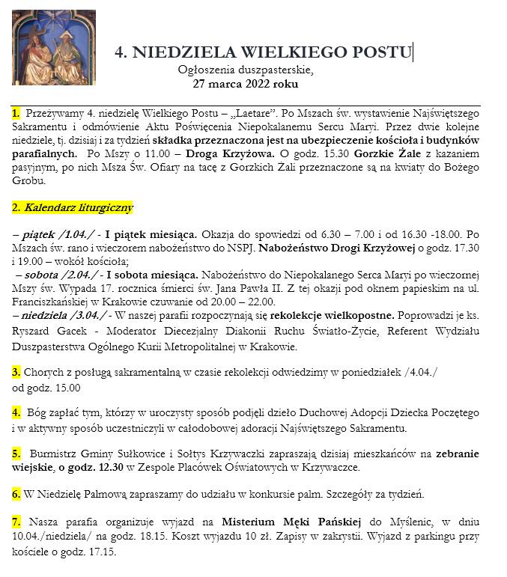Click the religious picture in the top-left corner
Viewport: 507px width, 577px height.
coord(54,47)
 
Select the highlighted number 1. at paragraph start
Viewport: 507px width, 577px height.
coord(16,113)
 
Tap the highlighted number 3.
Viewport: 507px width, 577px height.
coord(16,372)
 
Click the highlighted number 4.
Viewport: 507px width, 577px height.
coord(16,412)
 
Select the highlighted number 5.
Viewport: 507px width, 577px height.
coord(16,454)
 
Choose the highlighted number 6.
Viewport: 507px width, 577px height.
coord(16,494)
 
